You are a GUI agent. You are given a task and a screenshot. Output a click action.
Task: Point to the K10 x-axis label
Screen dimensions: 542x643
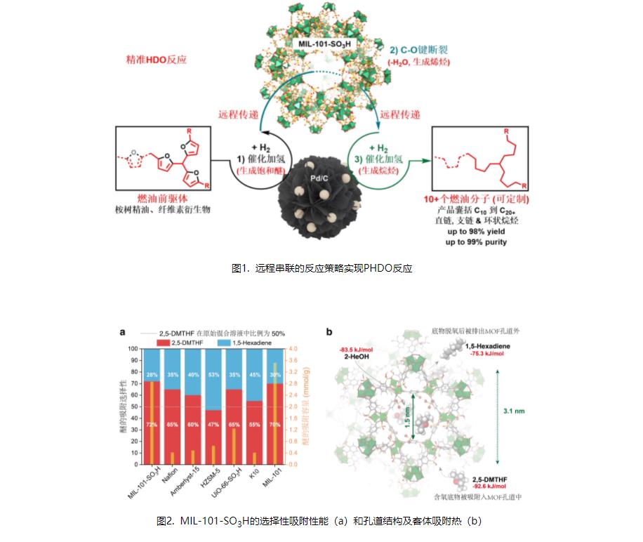[x=257, y=475]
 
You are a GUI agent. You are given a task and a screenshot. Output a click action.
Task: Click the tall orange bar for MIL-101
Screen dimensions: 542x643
[x=275, y=414]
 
